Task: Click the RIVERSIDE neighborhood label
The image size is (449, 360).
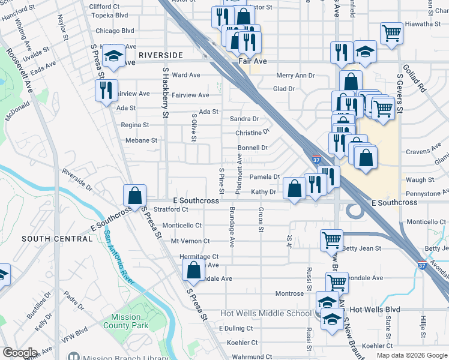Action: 160,55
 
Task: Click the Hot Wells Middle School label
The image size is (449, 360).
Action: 266,313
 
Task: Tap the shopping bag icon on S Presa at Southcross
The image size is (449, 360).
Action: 135,195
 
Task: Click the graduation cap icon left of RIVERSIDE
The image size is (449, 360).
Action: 113,55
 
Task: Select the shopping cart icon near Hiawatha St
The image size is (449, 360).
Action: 391,33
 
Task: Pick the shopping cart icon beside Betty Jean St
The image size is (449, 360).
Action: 332,240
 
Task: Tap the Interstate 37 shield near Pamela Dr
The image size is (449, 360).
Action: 316,160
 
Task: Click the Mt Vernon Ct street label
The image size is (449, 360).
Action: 190,241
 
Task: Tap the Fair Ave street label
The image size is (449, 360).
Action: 252,61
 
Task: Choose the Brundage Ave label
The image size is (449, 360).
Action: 232,227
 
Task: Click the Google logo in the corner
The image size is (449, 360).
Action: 20,353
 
